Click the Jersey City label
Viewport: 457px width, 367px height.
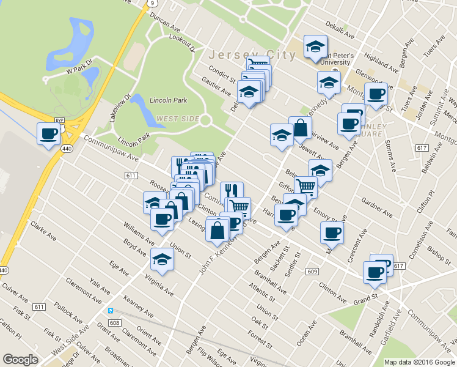point(252,54)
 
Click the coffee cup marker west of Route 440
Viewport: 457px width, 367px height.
point(48,134)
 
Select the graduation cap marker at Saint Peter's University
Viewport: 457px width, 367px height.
point(315,46)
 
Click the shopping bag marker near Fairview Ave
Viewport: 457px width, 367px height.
point(300,128)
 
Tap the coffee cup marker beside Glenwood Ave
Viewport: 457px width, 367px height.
point(376,95)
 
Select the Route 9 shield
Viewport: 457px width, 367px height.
point(150,3)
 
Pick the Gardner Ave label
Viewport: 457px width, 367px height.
point(376,207)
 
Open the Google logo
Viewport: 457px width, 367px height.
point(21,360)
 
